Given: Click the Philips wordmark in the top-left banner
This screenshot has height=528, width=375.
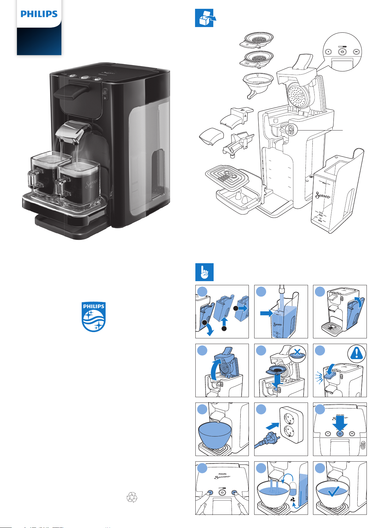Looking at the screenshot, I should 39,14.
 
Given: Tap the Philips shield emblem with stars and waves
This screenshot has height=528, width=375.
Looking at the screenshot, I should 93,317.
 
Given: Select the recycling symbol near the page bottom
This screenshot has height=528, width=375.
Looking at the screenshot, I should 132,497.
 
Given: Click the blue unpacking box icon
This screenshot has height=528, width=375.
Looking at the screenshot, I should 204,18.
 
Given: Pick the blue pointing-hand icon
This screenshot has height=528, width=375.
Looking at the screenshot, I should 204,272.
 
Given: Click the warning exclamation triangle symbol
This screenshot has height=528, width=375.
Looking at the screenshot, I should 356,353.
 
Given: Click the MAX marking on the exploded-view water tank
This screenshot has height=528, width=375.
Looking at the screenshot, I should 324,182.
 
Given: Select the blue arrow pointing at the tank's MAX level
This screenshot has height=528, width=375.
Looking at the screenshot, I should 267,313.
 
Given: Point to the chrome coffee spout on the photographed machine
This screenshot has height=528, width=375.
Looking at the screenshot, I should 72,134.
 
